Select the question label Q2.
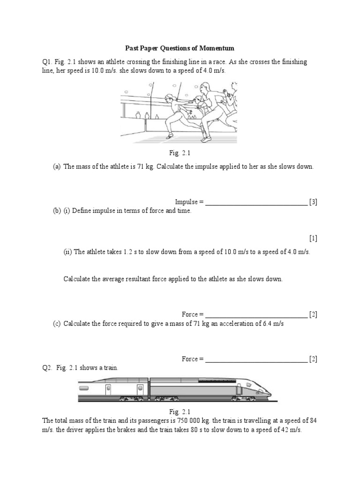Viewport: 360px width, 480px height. pos(47,368)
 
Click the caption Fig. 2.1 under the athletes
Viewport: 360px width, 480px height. pos(180,153)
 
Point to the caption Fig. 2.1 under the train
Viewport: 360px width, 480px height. pos(180,412)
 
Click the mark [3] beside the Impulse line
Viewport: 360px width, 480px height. pos(313,202)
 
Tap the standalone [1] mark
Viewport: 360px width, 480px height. pos(313,238)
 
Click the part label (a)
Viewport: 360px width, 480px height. pos(57,167)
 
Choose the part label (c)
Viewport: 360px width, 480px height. pos(57,323)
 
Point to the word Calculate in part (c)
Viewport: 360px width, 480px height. pos(77,323)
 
